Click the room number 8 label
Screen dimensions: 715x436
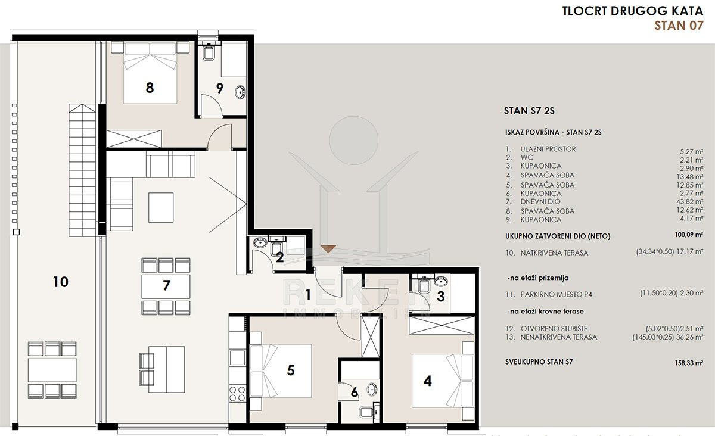click(150, 88)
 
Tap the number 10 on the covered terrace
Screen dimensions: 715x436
click(60, 282)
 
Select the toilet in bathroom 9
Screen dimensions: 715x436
click(209, 53)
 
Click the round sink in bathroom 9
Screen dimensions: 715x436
click(240, 92)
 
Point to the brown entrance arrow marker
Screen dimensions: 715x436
click(328, 248)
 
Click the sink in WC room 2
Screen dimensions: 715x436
click(260, 242)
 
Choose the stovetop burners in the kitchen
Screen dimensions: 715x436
click(237, 393)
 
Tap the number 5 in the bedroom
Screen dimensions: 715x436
click(291, 370)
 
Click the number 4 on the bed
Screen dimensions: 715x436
click(427, 381)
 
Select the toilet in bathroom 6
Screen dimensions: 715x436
click(365, 412)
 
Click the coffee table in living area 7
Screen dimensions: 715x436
click(161, 207)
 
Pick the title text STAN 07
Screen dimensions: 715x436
click(679, 26)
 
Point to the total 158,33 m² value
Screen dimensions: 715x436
click(689, 363)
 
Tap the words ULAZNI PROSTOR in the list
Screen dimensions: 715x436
click(548, 149)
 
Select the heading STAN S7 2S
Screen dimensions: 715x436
click(529, 111)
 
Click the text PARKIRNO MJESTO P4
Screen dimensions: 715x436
click(556, 294)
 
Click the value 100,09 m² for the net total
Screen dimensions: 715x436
click(689, 235)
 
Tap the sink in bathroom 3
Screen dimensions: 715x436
click(441, 281)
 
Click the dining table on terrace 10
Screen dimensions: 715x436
click(52, 370)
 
